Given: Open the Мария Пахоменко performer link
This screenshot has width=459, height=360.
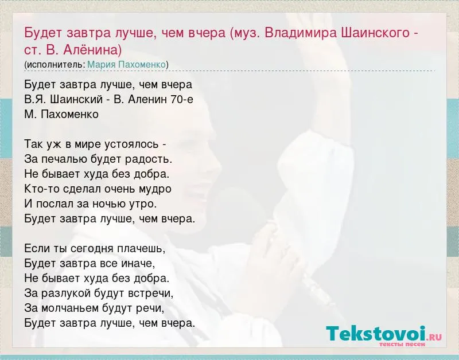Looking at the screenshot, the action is tap(126, 64).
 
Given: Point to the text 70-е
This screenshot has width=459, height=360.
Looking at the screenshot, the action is tap(181, 99).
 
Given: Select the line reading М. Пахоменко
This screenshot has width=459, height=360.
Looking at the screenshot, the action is tap(61, 114).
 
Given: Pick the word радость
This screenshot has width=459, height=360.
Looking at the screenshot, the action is tap(149, 159).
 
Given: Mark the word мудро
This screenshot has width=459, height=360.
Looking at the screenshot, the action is tap(156, 189).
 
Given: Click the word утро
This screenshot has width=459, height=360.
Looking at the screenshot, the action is tap(143, 204).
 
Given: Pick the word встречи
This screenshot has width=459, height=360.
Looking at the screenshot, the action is tap(151, 294).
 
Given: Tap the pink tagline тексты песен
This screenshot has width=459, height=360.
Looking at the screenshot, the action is tap(402, 344).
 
